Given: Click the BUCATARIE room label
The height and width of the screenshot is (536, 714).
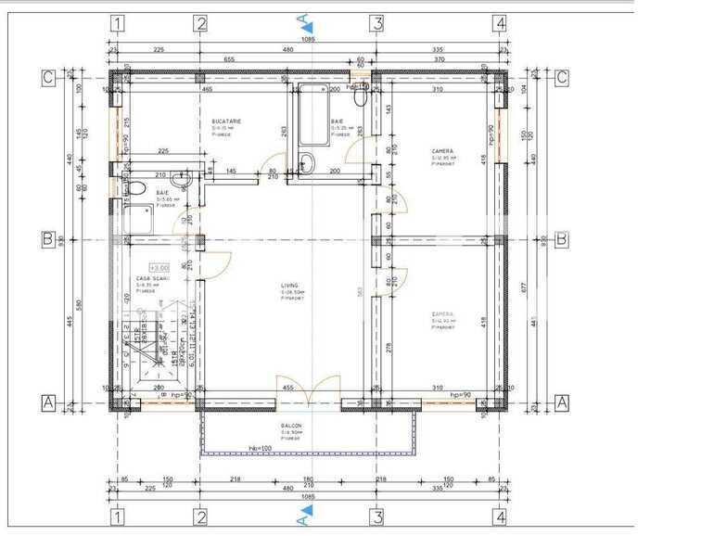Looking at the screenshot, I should tap(226, 121).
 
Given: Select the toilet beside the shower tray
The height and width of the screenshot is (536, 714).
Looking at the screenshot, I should tap(136, 189).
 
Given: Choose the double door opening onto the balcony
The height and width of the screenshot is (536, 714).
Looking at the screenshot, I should tap(309, 389).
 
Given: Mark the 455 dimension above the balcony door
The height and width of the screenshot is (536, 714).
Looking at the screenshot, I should tap(288, 389).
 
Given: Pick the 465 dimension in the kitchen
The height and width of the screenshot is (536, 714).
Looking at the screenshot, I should tap(208, 89).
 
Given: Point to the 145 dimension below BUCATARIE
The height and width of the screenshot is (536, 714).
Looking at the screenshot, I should tap(230, 172).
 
